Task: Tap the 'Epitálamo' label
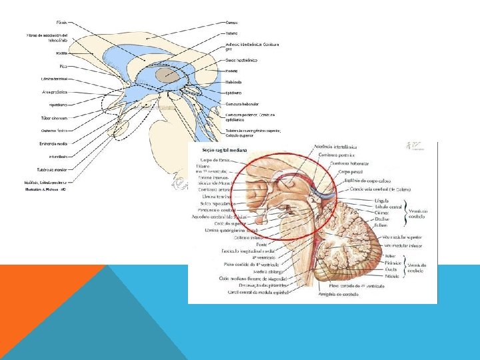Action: (x=233, y=93)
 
